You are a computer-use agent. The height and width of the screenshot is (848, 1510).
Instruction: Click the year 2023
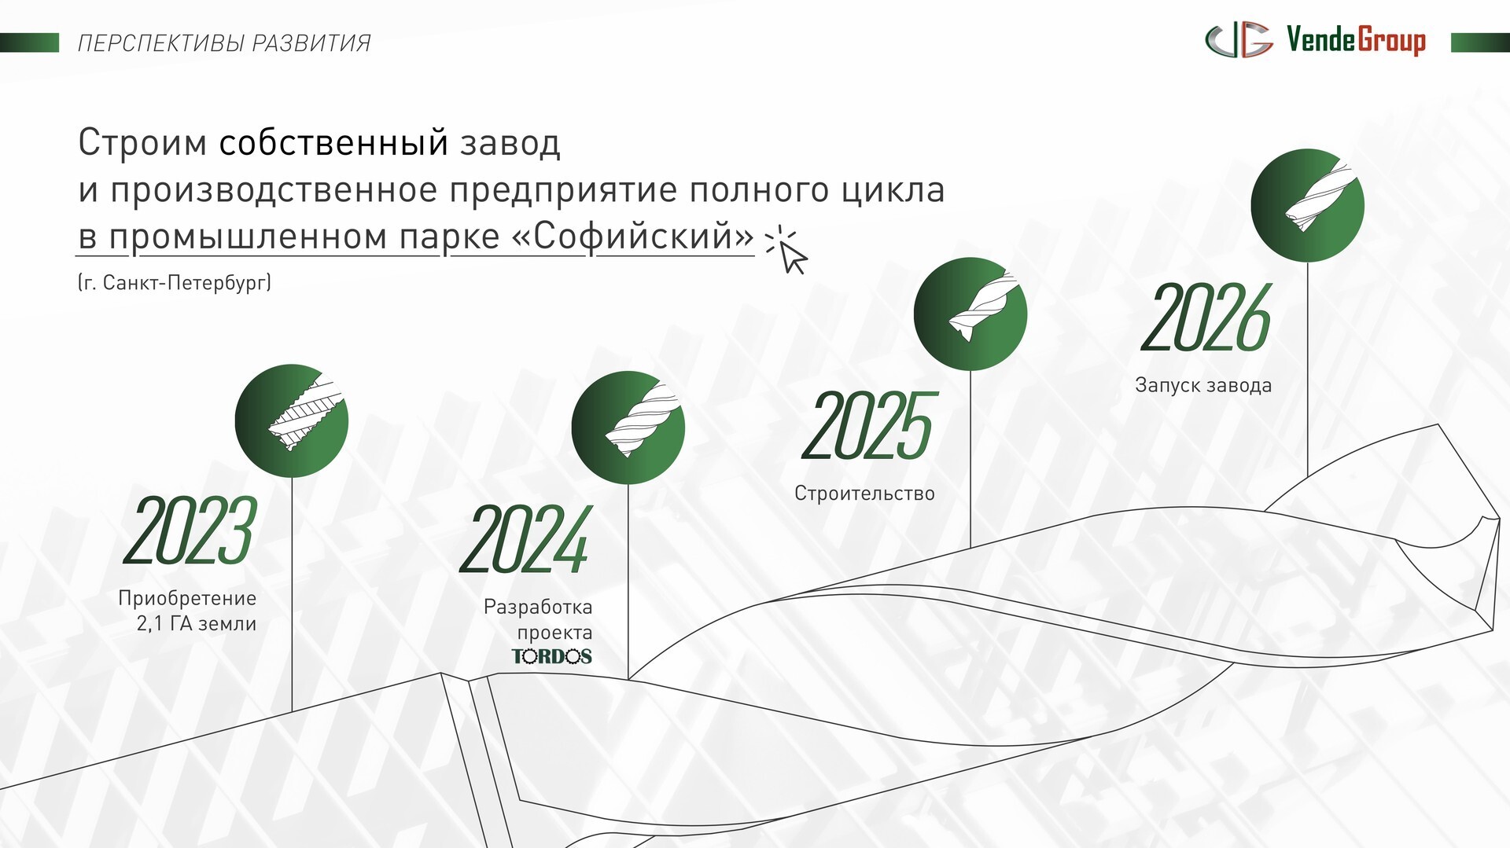(190, 530)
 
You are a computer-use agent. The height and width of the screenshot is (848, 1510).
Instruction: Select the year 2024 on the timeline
(525, 539)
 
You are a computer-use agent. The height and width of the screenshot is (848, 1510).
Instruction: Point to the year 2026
(1206, 318)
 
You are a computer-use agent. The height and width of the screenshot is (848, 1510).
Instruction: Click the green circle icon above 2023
(292, 421)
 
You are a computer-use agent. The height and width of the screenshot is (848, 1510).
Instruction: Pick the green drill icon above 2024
(628, 428)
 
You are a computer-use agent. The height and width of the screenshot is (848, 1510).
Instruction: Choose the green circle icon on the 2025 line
(970, 314)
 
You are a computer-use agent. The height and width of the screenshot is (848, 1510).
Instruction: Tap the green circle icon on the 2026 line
(1308, 205)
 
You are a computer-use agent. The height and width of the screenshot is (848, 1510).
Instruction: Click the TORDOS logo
(552, 656)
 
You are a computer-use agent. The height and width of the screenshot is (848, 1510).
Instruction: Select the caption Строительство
(864, 494)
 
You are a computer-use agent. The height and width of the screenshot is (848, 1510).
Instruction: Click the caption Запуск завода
(1203, 386)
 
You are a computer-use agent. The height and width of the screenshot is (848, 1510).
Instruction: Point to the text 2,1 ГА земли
(197, 624)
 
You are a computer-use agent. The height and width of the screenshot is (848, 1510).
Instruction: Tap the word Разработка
(538, 607)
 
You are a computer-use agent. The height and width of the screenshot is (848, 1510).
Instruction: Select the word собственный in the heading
(333, 143)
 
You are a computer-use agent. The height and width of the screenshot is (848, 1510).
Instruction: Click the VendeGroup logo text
(1356, 41)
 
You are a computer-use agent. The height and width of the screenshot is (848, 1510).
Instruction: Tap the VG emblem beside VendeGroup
(1239, 40)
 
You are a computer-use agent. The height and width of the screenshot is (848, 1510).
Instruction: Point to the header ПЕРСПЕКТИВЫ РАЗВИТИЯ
(224, 43)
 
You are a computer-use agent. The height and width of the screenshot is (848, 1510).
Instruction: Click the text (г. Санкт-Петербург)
(175, 283)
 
